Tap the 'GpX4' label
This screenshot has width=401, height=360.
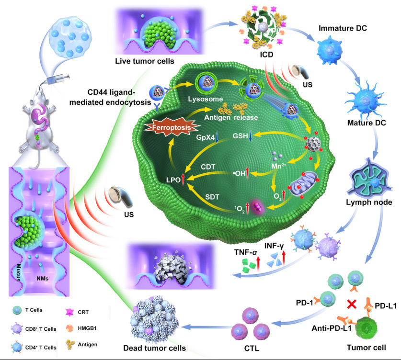(204, 137)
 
